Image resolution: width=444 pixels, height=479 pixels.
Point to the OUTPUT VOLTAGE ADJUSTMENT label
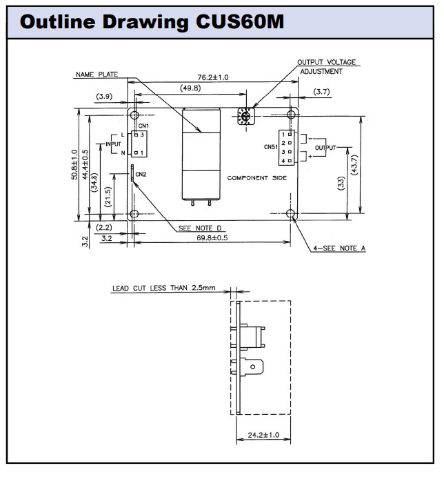click(326, 66)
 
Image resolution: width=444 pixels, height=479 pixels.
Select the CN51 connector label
click(270, 147)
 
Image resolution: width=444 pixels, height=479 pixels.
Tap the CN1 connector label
click(143, 126)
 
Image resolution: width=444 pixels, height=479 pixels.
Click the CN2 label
click(141, 174)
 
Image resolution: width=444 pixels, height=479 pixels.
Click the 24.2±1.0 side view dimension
click(262, 436)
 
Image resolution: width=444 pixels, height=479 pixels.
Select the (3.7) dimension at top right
click(321, 91)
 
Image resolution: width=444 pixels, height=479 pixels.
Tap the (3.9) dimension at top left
click(104, 96)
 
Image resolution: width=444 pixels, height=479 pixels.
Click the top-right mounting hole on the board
click(292, 114)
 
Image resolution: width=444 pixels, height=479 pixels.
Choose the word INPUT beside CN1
click(112, 144)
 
